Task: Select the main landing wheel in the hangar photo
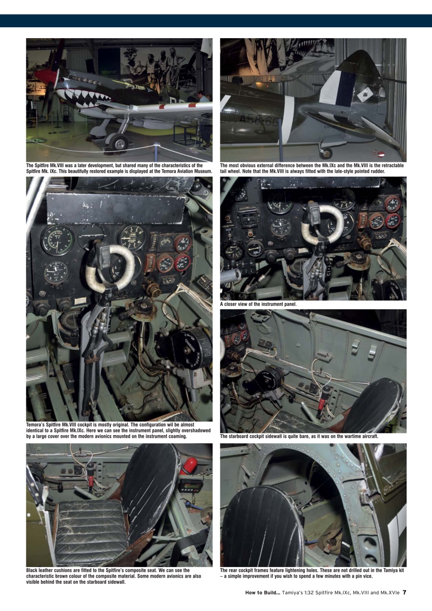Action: (118, 143)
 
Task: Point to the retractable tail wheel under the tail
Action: (326, 153)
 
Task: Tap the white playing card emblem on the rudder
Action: (364, 94)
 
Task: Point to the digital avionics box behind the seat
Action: (190, 485)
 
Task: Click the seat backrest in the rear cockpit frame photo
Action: (263, 527)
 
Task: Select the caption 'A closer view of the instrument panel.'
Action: (258, 304)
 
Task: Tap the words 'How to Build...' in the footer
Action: (262, 593)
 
